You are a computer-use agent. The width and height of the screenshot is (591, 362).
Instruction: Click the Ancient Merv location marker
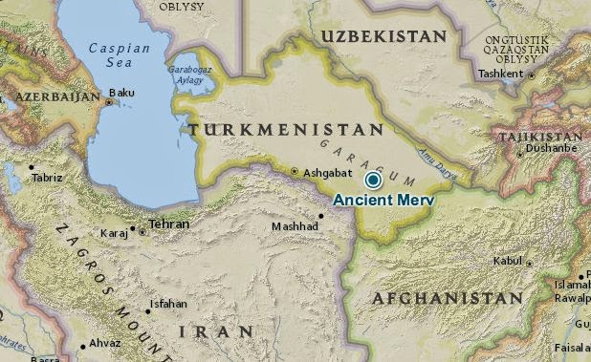pos(373,180)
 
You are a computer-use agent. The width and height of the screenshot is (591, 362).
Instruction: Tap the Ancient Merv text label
pos(383,201)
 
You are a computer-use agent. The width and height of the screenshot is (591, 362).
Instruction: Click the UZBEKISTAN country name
pos(383,36)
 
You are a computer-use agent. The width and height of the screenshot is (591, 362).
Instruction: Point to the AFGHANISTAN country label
pos(448,298)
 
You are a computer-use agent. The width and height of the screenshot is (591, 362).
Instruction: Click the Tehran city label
pos(168,224)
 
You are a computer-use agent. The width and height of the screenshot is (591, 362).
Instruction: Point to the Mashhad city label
pos(295,226)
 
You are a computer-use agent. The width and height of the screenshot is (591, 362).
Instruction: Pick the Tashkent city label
pos(502,74)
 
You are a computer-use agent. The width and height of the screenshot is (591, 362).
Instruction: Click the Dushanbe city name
pos(552,149)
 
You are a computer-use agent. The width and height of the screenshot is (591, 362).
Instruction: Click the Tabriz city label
pos(47,178)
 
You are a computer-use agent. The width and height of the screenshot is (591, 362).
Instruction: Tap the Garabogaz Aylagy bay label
pos(190,75)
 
